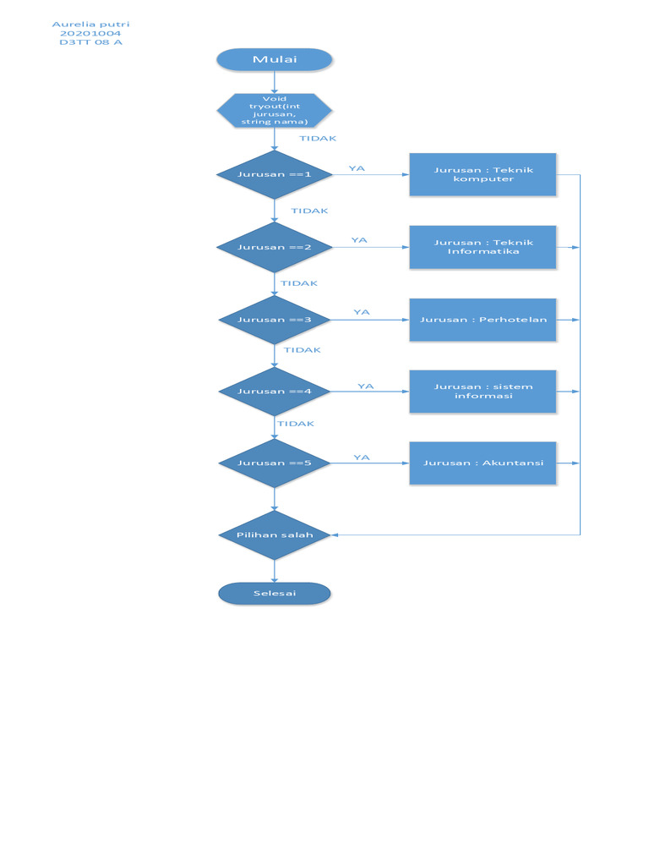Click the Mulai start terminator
[275, 59]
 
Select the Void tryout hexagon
[275, 111]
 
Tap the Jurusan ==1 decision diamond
[275, 175]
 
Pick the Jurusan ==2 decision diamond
[275, 248]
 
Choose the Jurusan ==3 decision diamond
[275, 320]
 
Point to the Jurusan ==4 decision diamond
[275, 392]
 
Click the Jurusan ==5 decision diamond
[275, 463]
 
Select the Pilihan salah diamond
[275, 535]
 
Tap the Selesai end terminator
[275, 594]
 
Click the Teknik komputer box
[483, 175]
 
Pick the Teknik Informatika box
[483, 247]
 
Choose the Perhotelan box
[483, 320]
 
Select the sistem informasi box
[483, 392]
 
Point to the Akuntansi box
[483, 463]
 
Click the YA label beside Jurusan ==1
[357, 169]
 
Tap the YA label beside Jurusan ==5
[362, 458]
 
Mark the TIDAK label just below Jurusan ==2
[299, 284]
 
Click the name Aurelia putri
[90, 25]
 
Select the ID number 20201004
[90, 34]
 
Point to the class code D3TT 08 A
[90, 42]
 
